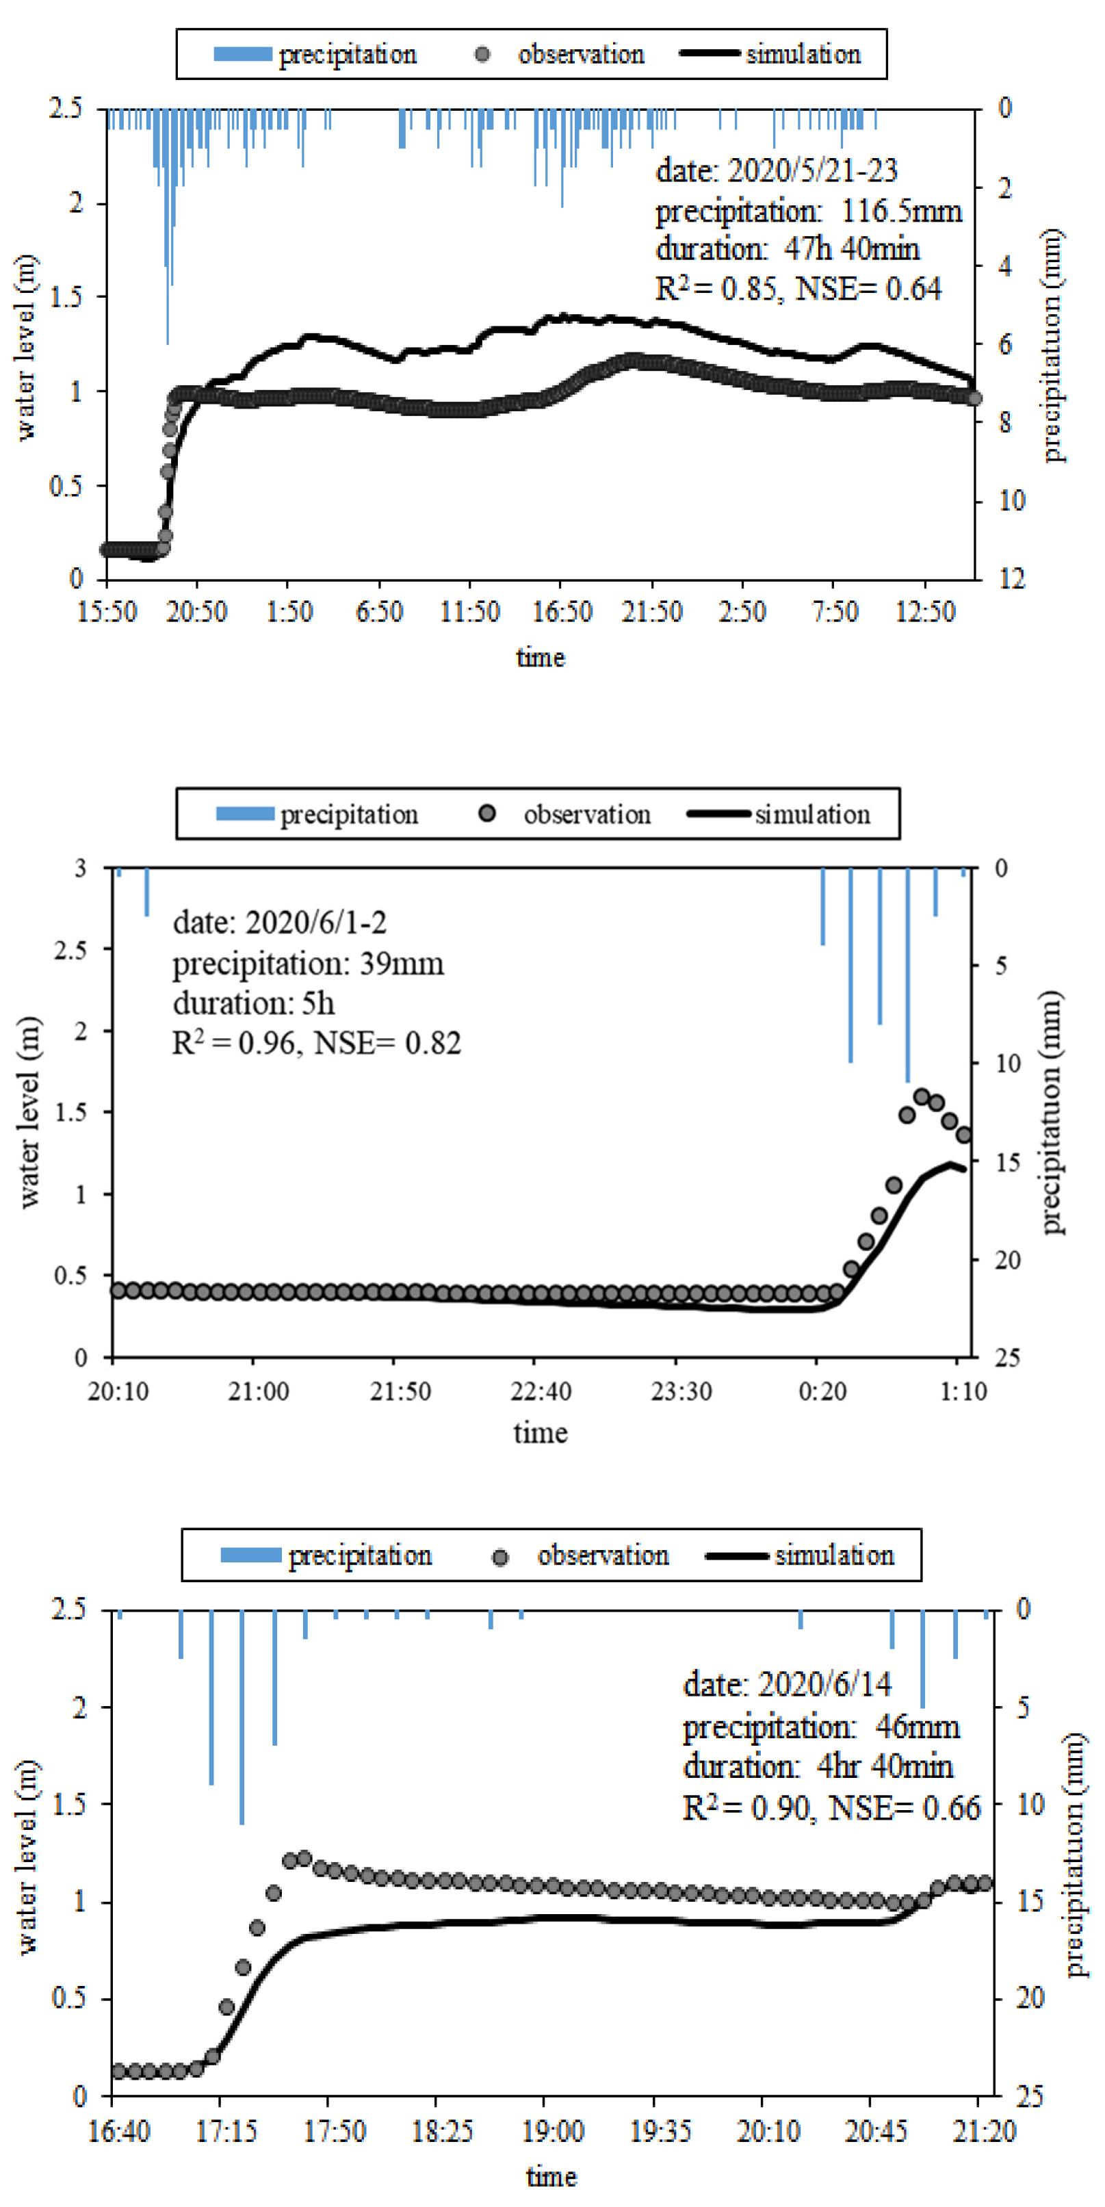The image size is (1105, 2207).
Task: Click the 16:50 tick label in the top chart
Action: click(x=561, y=612)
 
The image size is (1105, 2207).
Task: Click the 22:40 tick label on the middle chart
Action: click(x=541, y=1391)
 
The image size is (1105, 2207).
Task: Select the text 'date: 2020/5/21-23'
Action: click(x=776, y=170)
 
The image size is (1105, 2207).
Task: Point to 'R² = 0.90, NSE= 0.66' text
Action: click(x=831, y=1808)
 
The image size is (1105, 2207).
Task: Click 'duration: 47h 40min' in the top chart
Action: click(x=788, y=249)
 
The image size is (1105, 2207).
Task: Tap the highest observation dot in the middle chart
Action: click(x=922, y=1096)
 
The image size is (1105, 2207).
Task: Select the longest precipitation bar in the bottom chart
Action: click(x=242, y=1718)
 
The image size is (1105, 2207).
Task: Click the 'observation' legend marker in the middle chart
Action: click(x=486, y=813)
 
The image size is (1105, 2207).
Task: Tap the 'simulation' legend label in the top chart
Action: click(x=803, y=54)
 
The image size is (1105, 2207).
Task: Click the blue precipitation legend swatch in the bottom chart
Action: click(x=250, y=1554)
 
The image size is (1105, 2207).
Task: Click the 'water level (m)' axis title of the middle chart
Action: click(x=30, y=1112)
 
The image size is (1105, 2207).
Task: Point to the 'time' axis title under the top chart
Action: click(x=541, y=658)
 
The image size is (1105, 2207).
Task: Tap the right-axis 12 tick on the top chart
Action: click(x=1012, y=579)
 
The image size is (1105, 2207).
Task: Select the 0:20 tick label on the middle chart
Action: click(x=822, y=1391)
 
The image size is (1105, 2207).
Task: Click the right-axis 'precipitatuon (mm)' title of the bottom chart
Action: click(x=1076, y=1855)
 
